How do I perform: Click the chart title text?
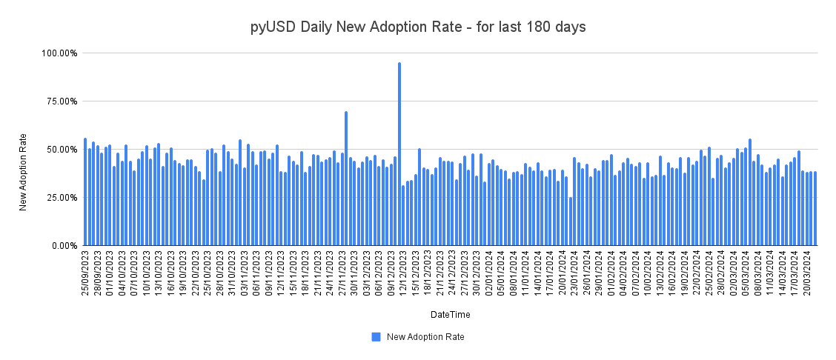[x=417, y=27]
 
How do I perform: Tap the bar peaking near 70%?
[x=346, y=178]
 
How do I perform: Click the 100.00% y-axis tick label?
[x=59, y=53]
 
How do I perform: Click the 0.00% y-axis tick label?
[x=64, y=245]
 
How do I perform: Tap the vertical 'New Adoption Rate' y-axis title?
[x=23, y=172]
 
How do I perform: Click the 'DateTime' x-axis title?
[x=450, y=315]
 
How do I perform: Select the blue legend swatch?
[x=376, y=337]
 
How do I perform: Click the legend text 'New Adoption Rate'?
[x=425, y=337]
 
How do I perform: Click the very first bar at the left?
[x=85, y=192]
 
